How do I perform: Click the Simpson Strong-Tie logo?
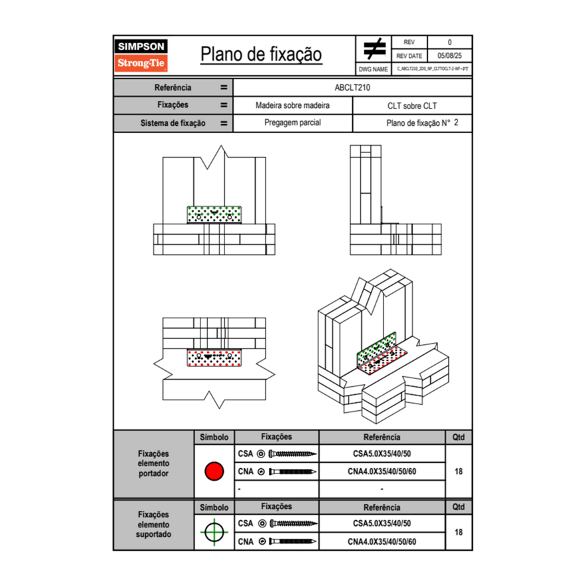[x=141, y=55]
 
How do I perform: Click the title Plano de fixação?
[x=261, y=55]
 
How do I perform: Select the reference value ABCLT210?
[x=352, y=87]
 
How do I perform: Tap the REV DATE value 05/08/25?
[x=449, y=56]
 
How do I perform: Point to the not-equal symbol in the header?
[x=374, y=49]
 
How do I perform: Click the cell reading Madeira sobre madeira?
[x=292, y=105]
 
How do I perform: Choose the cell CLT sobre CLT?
[x=412, y=105]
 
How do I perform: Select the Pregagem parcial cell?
[x=292, y=123]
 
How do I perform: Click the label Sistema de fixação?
[x=173, y=123]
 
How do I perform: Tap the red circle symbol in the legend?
[x=214, y=471]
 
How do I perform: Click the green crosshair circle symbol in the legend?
[x=214, y=533]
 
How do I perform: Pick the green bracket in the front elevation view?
[x=215, y=214]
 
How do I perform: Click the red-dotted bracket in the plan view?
[x=215, y=358]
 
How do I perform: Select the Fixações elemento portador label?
[x=153, y=463]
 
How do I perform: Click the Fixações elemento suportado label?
[x=153, y=525]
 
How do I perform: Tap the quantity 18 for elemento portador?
[x=458, y=471]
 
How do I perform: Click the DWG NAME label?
[x=374, y=69]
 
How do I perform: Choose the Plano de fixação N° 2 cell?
[x=412, y=123]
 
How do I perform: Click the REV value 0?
[x=449, y=42]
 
